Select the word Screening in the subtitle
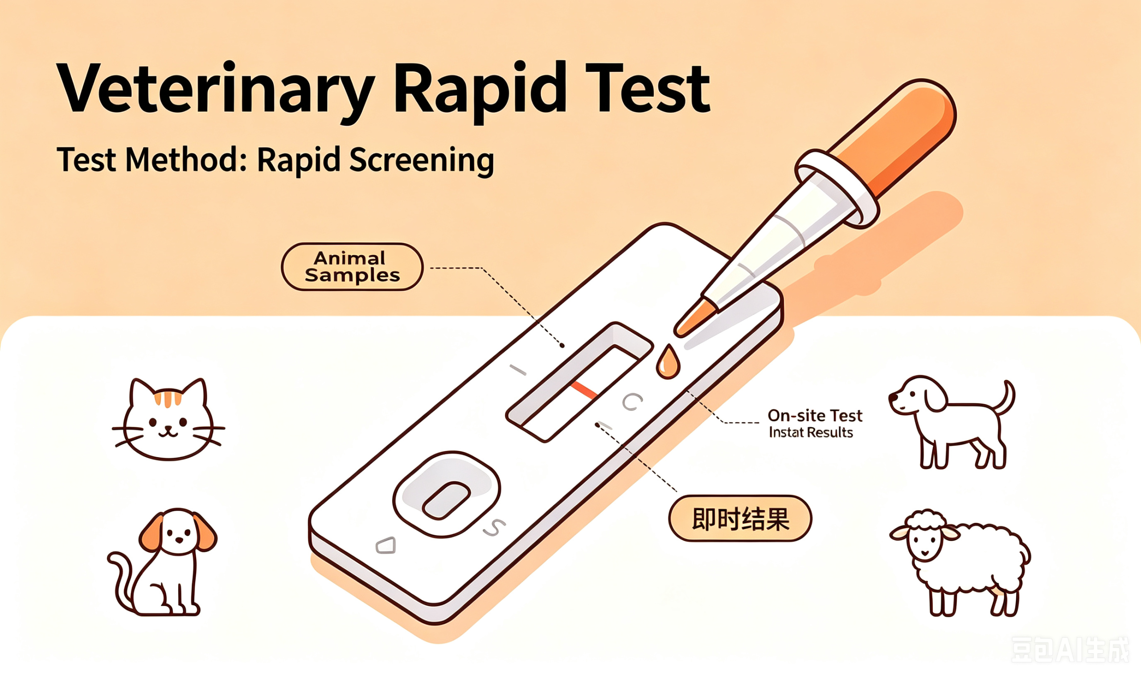coord(422,161)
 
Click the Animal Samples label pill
coord(352,267)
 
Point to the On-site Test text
coord(815,415)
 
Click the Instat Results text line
coord(810,432)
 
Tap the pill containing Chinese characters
coord(740,519)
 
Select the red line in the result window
coord(584,391)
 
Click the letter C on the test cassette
coord(632,401)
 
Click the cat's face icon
coord(168,419)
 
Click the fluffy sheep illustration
coord(960,563)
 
